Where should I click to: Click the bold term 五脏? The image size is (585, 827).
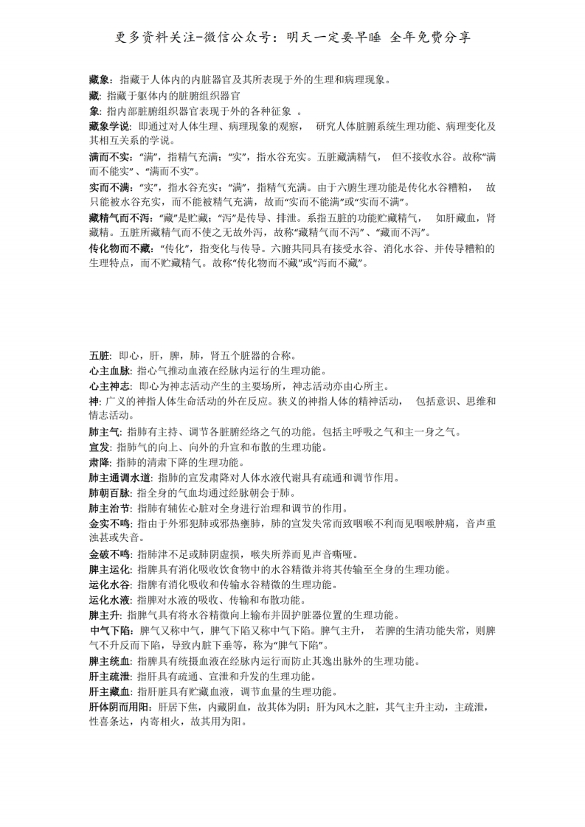99,355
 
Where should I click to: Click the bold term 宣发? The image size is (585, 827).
99,447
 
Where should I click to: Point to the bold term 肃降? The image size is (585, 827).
99,463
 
